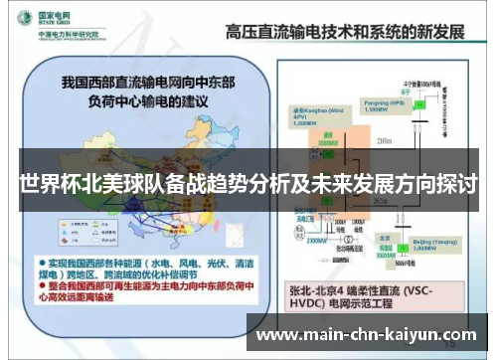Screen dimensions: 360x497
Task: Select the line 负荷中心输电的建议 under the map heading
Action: [138, 98]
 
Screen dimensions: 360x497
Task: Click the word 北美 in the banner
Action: [107, 186]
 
